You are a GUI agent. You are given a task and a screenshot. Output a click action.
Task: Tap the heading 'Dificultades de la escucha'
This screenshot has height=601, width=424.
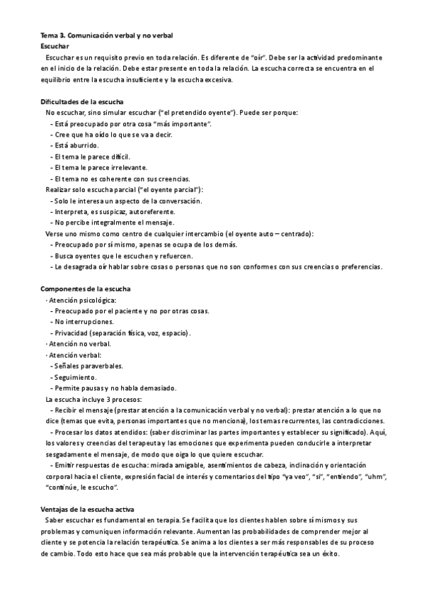[81, 101]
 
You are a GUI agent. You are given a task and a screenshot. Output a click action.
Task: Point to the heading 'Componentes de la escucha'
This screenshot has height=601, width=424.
[84, 289]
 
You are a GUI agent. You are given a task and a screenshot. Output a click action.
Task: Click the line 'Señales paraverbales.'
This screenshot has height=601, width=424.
[88, 366]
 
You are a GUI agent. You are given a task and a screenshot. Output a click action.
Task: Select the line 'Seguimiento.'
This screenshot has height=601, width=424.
[76, 377]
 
